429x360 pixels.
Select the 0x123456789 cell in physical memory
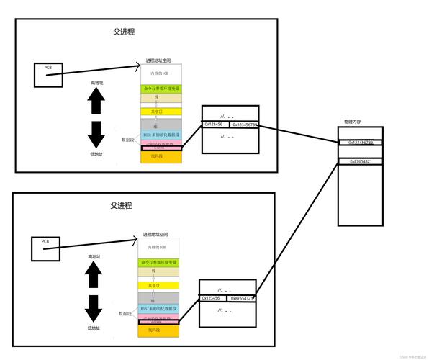[360, 143]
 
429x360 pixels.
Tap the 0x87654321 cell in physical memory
[360, 161]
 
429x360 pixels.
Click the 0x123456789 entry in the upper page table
[244, 125]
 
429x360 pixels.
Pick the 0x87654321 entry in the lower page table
[240, 298]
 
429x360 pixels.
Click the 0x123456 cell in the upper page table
[215, 125]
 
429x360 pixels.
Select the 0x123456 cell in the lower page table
[212, 298]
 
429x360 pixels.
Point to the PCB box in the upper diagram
[48, 75]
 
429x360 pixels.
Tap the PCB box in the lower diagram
[45, 248]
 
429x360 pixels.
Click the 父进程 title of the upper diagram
[123, 32]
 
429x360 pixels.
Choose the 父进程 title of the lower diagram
[121, 206]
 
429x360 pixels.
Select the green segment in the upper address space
[162, 89]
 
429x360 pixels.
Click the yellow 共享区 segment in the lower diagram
[159, 285]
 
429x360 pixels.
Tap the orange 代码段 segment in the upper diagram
[162, 156]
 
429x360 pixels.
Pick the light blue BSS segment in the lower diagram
[159, 308]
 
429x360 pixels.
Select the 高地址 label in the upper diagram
[97, 83]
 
